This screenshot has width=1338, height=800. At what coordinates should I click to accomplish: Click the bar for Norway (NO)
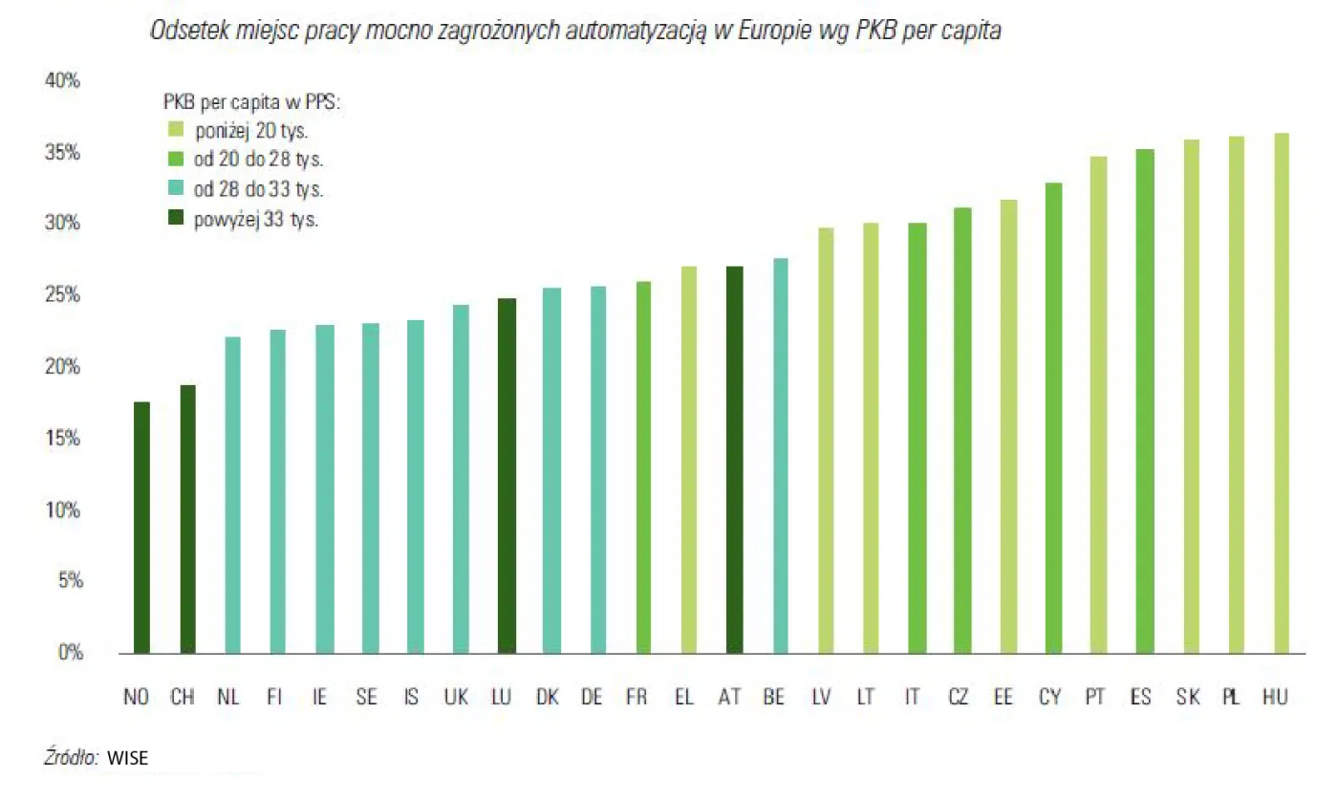click(141, 528)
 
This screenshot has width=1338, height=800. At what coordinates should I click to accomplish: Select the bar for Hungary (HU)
click(1282, 393)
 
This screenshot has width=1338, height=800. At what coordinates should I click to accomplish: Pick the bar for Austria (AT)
click(734, 460)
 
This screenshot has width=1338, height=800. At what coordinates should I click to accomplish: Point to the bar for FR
click(643, 467)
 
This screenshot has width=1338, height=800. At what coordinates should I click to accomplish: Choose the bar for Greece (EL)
click(689, 460)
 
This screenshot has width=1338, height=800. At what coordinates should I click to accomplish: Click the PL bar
click(1236, 395)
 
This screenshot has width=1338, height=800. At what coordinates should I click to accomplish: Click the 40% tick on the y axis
click(63, 82)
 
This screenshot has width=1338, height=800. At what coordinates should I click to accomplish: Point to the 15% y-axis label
click(63, 439)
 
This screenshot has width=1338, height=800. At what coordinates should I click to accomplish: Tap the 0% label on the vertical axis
click(67, 653)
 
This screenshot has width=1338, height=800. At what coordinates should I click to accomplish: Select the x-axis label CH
click(182, 698)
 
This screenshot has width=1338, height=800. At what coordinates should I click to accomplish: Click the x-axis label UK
click(455, 698)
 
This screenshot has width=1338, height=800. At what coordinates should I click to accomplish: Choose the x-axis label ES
click(1139, 698)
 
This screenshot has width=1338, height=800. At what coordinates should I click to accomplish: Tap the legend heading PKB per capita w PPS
click(252, 100)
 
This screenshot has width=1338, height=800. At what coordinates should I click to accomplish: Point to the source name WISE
click(127, 758)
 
